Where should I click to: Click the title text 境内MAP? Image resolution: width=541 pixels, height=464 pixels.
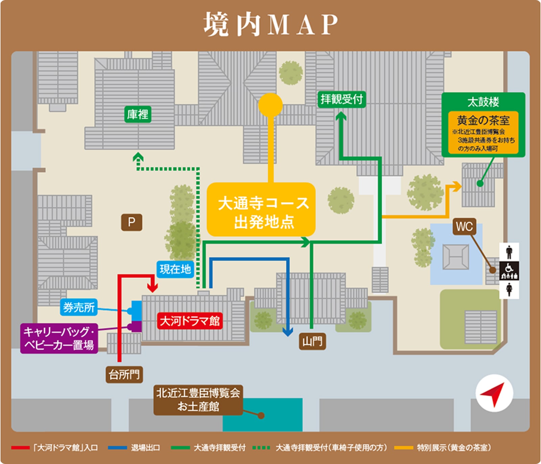[x=270, y=24]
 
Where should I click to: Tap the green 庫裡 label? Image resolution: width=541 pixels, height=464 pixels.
[x=137, y=114]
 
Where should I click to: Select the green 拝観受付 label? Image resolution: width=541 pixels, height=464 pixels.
[x=342, y=99]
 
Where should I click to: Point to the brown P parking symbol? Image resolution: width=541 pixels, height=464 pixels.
[x=132, y=222]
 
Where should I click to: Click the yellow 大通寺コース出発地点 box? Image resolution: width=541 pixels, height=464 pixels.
[x=261, y=210]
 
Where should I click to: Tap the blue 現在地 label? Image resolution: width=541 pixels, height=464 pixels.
[x=175, y=269]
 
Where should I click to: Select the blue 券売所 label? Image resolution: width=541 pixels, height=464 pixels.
[x=79, y=307]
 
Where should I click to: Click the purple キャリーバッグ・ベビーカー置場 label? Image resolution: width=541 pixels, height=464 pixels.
[x=59, y=339]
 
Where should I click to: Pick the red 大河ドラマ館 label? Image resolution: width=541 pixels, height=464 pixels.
[x=190, y=321]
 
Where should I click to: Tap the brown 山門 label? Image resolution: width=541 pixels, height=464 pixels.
[x=312, y=341]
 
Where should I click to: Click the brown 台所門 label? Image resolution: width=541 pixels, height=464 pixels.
[x=124, y=374]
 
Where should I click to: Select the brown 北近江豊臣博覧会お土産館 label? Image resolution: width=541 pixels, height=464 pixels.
[x=198, y=400]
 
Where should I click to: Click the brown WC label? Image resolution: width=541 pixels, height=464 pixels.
[x=464, y=227]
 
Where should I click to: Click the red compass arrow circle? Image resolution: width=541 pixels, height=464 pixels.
[x=494, y=393]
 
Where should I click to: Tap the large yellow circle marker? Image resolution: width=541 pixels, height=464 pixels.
[x=270, y=105]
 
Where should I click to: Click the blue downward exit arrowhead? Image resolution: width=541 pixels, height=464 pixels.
[x=287, y=332]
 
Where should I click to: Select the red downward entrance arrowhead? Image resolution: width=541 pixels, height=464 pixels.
[x=153, y=288]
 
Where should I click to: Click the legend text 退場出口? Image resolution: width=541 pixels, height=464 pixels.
[x=145, y=448]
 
